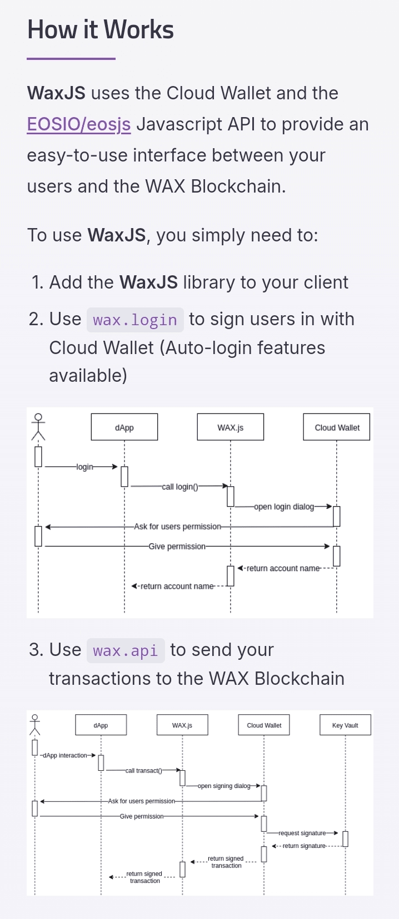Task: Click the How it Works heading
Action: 101,30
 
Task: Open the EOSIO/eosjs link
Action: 79,124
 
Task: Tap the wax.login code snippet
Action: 135,320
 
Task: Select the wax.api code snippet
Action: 126,650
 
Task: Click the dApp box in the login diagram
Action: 124,427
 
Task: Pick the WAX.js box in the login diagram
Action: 230,427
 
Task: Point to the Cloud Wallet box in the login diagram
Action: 337,427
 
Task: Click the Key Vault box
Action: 345,725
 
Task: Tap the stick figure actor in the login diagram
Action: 38,426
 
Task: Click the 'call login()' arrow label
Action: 179,487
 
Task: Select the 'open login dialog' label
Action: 284,507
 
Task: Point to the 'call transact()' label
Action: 143,771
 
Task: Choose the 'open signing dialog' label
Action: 224,786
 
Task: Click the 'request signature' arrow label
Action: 302,833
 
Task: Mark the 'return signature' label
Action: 304,846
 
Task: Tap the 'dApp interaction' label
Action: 65,755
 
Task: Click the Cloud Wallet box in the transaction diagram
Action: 264,725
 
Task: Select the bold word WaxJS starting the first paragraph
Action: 56,93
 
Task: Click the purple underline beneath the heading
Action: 71,58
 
